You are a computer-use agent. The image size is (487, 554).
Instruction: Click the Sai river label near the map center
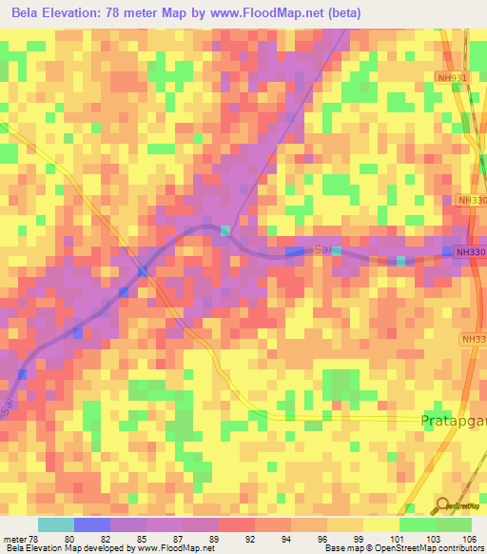(x=321, y=248)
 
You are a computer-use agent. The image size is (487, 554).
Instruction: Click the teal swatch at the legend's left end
(x=55, y=524)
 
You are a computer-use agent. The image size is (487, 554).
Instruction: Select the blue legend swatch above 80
(x=91, y=524)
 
